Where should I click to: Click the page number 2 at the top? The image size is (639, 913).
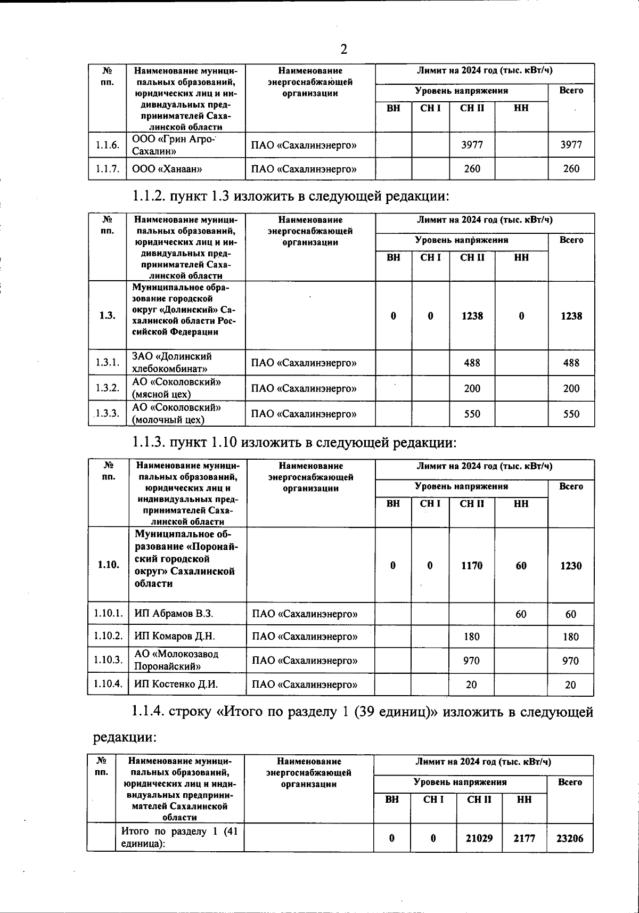[343, 50]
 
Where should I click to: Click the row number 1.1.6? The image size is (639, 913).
[107, 144]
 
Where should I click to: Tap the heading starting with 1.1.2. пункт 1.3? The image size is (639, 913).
[291, 196]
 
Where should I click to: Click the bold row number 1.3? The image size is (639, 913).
[107, 315]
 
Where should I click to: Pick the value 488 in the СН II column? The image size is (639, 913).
[472, 363]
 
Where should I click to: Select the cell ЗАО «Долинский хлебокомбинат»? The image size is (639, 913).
[172, 362]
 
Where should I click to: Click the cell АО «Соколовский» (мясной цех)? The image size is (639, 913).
[177, 388]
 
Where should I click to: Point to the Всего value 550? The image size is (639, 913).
[571, 414]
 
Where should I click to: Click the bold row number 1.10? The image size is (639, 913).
[109, 565]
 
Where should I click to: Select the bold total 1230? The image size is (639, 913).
[570, 566]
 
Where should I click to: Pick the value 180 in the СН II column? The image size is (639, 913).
[471, 637]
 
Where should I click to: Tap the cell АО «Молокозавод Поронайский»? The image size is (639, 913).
[176, 660]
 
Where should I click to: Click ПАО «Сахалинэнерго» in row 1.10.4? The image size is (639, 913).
[305, 684]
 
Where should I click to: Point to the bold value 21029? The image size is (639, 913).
[479, 838]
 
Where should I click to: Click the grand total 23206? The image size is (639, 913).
[570, 838]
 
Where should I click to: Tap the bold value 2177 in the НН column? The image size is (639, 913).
[524, 838]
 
